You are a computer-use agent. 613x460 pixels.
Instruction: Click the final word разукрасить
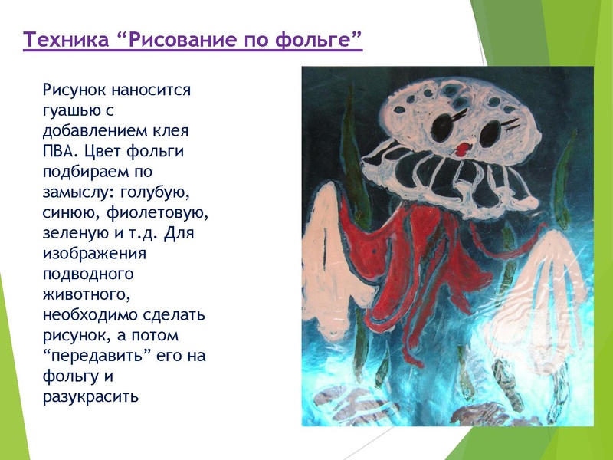pos(90,396)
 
